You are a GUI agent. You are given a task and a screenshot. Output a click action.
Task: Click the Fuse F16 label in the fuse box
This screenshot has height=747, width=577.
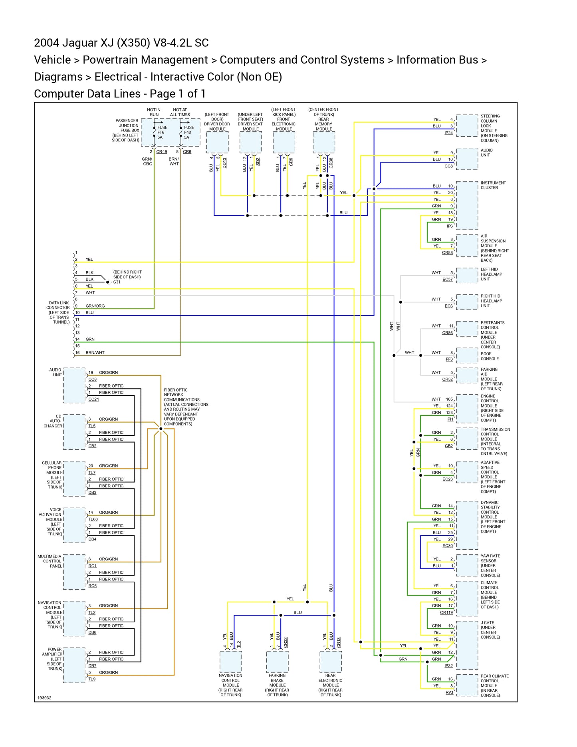(161, 132)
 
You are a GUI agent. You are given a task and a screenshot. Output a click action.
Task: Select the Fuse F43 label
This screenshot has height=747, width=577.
(188, 132)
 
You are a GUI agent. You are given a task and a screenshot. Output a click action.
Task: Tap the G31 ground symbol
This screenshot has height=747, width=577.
(108, 282)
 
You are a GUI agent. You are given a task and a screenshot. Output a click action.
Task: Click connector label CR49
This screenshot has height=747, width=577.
(161, 152)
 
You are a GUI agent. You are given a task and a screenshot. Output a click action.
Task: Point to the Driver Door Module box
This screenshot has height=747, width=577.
(217, 142)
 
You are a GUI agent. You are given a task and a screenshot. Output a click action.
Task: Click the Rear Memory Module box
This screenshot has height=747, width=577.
(324, 142)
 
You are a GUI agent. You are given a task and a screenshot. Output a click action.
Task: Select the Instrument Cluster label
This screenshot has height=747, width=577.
(493, 185)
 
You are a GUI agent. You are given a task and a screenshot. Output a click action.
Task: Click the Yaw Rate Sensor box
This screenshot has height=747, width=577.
(467, 565)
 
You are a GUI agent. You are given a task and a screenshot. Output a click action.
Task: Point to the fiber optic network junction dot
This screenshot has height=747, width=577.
(161, 429)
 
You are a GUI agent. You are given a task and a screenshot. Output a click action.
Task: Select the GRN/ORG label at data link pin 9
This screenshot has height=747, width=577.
(95, 306)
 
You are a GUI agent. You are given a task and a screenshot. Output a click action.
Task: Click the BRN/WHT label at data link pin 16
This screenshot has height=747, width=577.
(95, 353)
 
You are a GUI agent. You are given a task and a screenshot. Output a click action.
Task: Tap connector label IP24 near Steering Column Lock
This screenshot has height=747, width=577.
(448, 133)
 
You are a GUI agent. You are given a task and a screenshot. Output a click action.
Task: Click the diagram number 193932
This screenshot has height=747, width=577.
(44, 698)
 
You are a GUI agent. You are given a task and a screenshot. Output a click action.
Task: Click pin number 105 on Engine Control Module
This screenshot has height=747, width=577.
(449, 399)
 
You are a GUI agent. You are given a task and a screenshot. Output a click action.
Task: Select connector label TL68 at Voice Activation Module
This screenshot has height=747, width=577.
(93, 519)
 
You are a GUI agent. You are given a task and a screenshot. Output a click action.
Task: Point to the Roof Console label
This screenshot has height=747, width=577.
(490, 356)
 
